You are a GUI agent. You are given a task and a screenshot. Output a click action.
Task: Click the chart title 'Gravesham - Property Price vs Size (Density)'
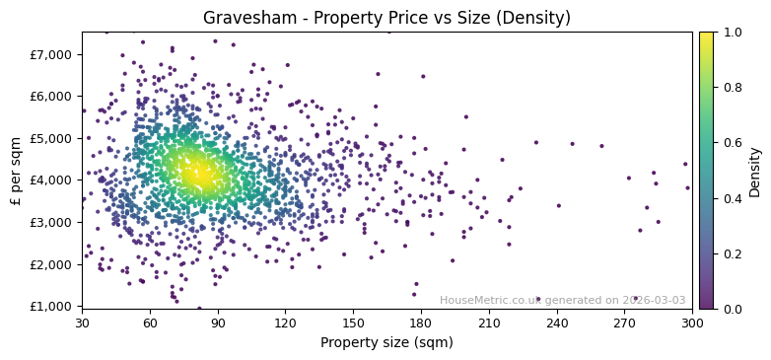386,18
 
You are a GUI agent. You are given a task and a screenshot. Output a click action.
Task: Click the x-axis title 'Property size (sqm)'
386,342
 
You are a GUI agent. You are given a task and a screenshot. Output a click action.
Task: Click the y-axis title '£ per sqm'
16,170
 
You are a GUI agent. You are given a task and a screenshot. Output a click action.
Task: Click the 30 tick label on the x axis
82,323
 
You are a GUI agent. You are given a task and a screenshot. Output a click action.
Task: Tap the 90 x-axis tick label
218,323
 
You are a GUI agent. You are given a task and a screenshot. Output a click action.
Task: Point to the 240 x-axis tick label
557,323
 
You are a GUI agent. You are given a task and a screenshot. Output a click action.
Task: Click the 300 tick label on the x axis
692,323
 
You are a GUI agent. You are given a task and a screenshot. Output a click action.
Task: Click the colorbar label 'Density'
754,170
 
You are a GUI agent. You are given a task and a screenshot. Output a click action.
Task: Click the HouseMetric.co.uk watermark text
562,300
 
